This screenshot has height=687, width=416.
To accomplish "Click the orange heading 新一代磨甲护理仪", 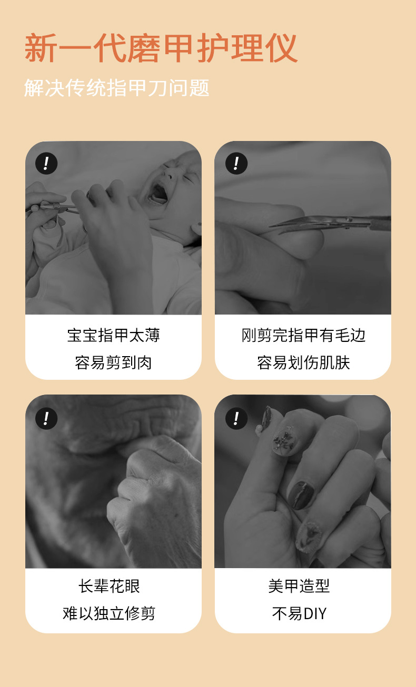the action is (x=161, y=48).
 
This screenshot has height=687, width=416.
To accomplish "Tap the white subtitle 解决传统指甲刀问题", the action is (x=117, y=88).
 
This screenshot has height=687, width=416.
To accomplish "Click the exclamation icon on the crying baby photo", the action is (x=46, y=163).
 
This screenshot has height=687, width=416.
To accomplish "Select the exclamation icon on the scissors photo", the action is (x=236, y=163).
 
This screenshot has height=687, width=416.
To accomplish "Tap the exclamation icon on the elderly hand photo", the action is (x=46, y=418).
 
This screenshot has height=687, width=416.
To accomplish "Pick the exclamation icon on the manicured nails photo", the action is (x=236, y=418).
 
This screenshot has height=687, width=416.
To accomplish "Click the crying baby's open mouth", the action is (x=158, y=193).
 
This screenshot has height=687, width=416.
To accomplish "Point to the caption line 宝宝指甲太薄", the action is (x=114, y=335).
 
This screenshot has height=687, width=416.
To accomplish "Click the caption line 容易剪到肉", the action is (x=114, y=362).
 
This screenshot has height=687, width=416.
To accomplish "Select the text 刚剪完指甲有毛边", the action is (x=303, y=335).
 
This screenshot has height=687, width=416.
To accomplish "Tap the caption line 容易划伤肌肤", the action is (x=303, y=362).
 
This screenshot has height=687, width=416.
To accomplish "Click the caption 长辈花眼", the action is (x=110, y=586).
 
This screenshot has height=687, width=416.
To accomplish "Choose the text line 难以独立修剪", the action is (x=110, y=613).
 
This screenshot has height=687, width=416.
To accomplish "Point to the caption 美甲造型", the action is (x=299, y=586).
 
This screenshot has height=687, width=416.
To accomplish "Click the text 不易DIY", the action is (x=299, y=613).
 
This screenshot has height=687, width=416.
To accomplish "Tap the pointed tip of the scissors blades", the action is (x=270, y=226).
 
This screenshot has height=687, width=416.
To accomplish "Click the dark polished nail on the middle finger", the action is (x=302, y=494).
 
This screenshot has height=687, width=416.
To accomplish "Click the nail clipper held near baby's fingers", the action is (x=55, y=207).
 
